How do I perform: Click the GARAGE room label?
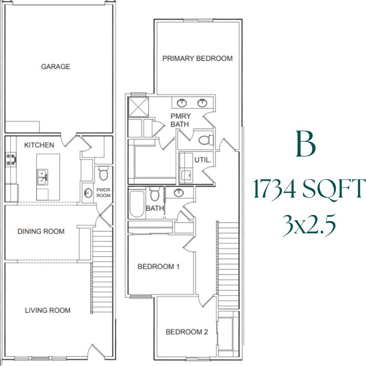55,67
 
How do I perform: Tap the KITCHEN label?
39,145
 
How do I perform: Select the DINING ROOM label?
41,231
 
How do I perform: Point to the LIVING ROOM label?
48,310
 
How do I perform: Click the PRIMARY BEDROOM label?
198,58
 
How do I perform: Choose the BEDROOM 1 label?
159,266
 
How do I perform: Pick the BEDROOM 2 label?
187,332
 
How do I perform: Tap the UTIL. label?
203,160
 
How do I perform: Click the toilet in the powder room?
103,173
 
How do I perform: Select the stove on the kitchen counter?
11,160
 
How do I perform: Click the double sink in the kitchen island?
42,176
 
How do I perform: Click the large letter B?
306,144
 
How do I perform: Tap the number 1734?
274,189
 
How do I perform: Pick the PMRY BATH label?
180,120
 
